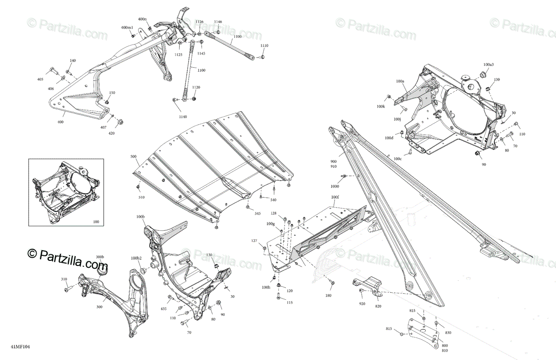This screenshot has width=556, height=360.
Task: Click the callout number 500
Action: coord(133,157)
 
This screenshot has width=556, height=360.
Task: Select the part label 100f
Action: coord(335,196)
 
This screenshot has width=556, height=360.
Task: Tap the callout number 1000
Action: coord(335,186)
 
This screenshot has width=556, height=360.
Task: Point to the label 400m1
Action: coord(127,28)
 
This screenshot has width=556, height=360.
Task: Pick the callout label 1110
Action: coord(264,45)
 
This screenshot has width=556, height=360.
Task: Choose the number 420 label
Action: coord(112,133)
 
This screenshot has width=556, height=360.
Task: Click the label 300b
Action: coord(100,257)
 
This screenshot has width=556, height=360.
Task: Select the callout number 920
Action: coord(361,304)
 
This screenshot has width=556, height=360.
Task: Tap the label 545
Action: coord(257,214)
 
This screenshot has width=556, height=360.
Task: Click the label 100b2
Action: coord(136,258)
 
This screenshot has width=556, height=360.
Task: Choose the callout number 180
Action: coord(328,296)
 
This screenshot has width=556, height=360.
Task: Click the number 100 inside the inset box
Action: coord(96,222)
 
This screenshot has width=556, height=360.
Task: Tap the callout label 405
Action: coord(40,80)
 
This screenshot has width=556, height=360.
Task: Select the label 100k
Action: coord(381,107)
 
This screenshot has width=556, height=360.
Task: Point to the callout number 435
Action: coord(164,309)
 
